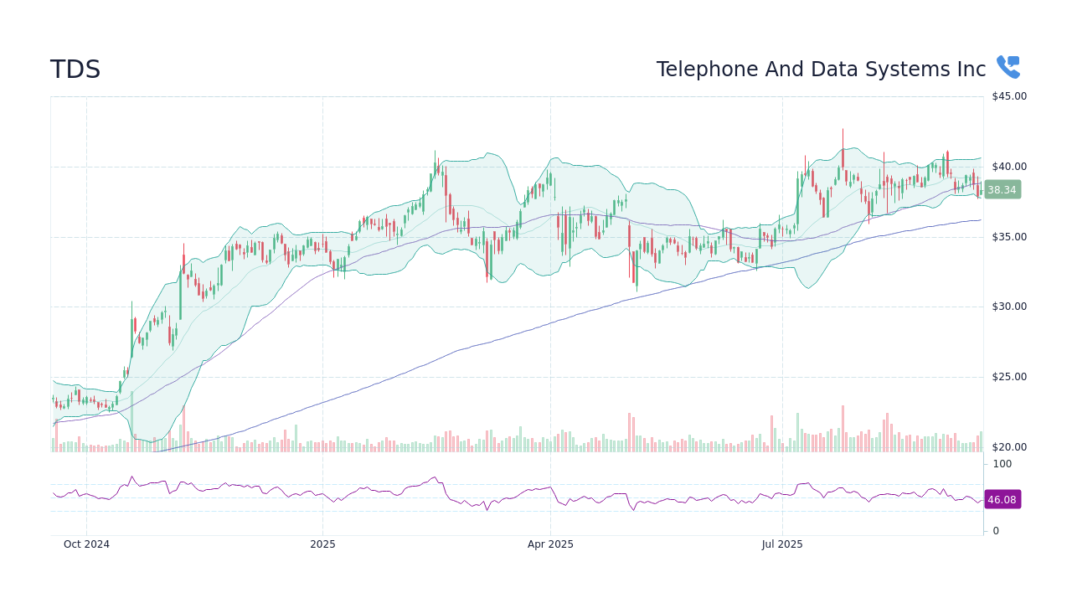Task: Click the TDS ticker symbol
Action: (x=75, y=70)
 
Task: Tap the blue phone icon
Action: (x=1008, y=67)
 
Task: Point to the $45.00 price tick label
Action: (x=1009, y=96)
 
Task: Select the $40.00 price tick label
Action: (x=1009, y=167)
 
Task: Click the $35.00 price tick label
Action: (x=1009, y=237)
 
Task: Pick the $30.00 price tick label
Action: (x=1009, y=307)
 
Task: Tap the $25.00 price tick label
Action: (x=1009, y=377)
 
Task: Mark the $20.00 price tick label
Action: (x=1009, y=447)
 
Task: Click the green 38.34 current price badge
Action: (x=1002, y=190)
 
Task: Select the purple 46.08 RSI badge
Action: (x=1002, y=500)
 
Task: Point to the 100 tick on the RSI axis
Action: (x=1002, y=464)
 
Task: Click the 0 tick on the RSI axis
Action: (x=996, y=531)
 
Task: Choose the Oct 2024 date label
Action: (x=86, y=544)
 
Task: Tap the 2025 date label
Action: (x=322, y=544)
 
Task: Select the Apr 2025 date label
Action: (x=550, y=544)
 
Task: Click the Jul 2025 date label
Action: (x=782, y=544)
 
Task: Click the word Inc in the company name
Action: (x=971, y=70)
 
